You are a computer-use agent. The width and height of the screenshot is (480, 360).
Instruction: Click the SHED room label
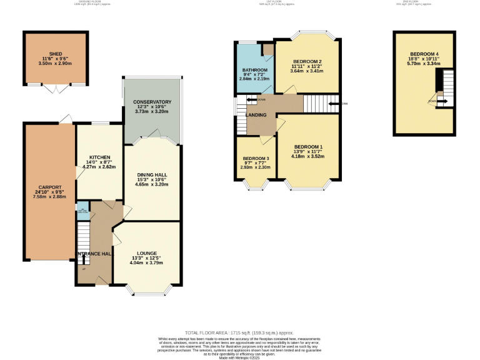coord(56,54)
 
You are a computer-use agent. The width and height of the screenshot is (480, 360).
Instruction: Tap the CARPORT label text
coord(49,187)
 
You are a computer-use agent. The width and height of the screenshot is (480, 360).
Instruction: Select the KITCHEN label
coord(99,157)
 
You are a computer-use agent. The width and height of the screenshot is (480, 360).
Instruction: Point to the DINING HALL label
coord(152,174)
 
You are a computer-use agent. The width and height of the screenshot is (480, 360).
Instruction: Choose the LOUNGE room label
coord(147,253)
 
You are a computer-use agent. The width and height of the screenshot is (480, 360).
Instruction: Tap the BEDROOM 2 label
coord(307,61)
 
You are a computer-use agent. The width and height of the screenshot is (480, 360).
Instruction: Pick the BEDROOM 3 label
coord(255,159)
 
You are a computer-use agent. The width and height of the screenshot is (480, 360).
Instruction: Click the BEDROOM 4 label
coord(424,54)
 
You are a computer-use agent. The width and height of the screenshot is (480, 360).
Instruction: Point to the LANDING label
coord(256,115)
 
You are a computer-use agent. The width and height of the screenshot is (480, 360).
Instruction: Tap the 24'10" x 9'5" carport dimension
coord(49,192)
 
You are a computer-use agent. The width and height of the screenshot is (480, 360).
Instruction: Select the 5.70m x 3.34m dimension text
coord(424,63)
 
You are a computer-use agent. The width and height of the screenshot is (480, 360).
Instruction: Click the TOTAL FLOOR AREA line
coord(239,332)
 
